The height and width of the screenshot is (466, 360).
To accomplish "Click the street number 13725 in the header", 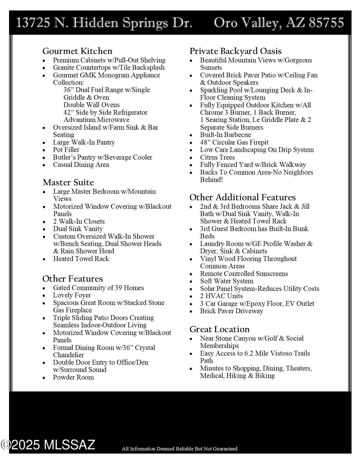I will tap(34, 23).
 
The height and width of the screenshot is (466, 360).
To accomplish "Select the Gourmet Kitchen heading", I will tap(77, 51).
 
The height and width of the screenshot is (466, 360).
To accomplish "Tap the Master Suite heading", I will tap(68, 182).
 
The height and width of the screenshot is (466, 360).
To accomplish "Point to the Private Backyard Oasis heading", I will tap(235, 51).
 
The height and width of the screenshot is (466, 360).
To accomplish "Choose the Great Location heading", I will tap(219, 329).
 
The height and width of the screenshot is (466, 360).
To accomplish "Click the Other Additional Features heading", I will tap(243, 197).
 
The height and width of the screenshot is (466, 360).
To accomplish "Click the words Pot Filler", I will tap(66, 150).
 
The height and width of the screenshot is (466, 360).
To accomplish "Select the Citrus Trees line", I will tap(217, 157).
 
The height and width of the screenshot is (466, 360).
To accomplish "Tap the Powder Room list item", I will tap(73, 377).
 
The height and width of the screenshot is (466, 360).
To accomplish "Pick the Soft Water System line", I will tap(227, 281).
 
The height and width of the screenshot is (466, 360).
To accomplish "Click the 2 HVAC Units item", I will tap(221, 296).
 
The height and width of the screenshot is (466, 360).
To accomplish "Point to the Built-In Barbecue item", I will tap(225, 135).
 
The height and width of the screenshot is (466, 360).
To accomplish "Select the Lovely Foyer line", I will tap(72, 295).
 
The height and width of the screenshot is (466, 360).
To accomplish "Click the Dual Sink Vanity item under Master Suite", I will tap(78, 229).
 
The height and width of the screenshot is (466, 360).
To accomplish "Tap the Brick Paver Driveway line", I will tap(232, 311).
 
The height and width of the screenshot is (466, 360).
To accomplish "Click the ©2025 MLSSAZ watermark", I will tap(48, 445).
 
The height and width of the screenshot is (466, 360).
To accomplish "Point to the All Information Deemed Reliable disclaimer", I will tap(180, 449).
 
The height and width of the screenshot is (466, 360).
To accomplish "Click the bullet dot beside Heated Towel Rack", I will tap(44, 259).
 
